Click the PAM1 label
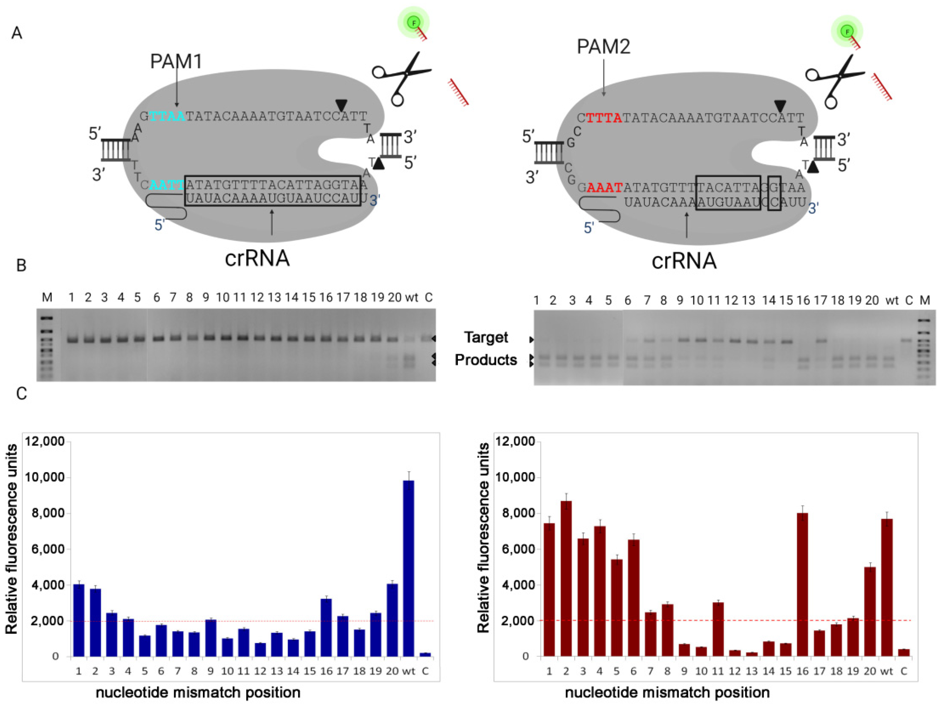tap(176, 62)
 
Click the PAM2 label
tap(603, 46)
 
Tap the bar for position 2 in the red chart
tap(566, 579)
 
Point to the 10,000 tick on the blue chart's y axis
tap(45, 477)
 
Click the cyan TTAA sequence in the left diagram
tap(167, 116)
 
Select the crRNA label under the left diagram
tap(257, 258)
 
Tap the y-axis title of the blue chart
tap(12, 539)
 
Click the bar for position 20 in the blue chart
tap(392, 620)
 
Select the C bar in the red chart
tap(903, 652)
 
